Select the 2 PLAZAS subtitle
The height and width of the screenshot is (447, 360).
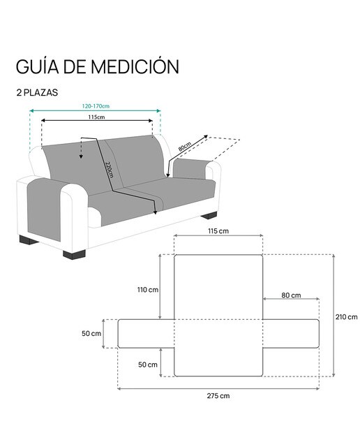(x=37, y=92)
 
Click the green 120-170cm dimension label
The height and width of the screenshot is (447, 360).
(x=96, y=106)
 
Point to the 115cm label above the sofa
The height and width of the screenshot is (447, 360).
(x=96, y=117)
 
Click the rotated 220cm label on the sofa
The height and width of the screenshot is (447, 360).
(x=110, y=170)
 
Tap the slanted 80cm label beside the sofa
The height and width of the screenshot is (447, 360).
(x=185, y=147)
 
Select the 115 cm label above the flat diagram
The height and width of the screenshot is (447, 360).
(x=218, y=231)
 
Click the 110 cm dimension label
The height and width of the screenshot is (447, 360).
(x=148, y=290)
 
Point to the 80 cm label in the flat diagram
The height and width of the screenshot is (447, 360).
(x=291, y=295)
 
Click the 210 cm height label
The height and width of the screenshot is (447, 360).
(x=346, y=316)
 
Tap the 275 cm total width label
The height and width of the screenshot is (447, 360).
(x=218, y=396)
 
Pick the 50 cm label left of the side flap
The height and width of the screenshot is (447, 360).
(x=91, y=333)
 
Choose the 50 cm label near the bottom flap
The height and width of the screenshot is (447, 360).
(x=148, y=365)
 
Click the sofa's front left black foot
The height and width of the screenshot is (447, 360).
(x=74, y=254)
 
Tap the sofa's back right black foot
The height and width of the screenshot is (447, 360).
(x=209, y=215)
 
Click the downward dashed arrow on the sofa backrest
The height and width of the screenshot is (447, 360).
(x=81, y=148)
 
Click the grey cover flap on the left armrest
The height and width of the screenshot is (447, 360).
(x=45, y=210)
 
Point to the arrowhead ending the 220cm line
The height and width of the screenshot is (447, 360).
(x=155, y=212)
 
